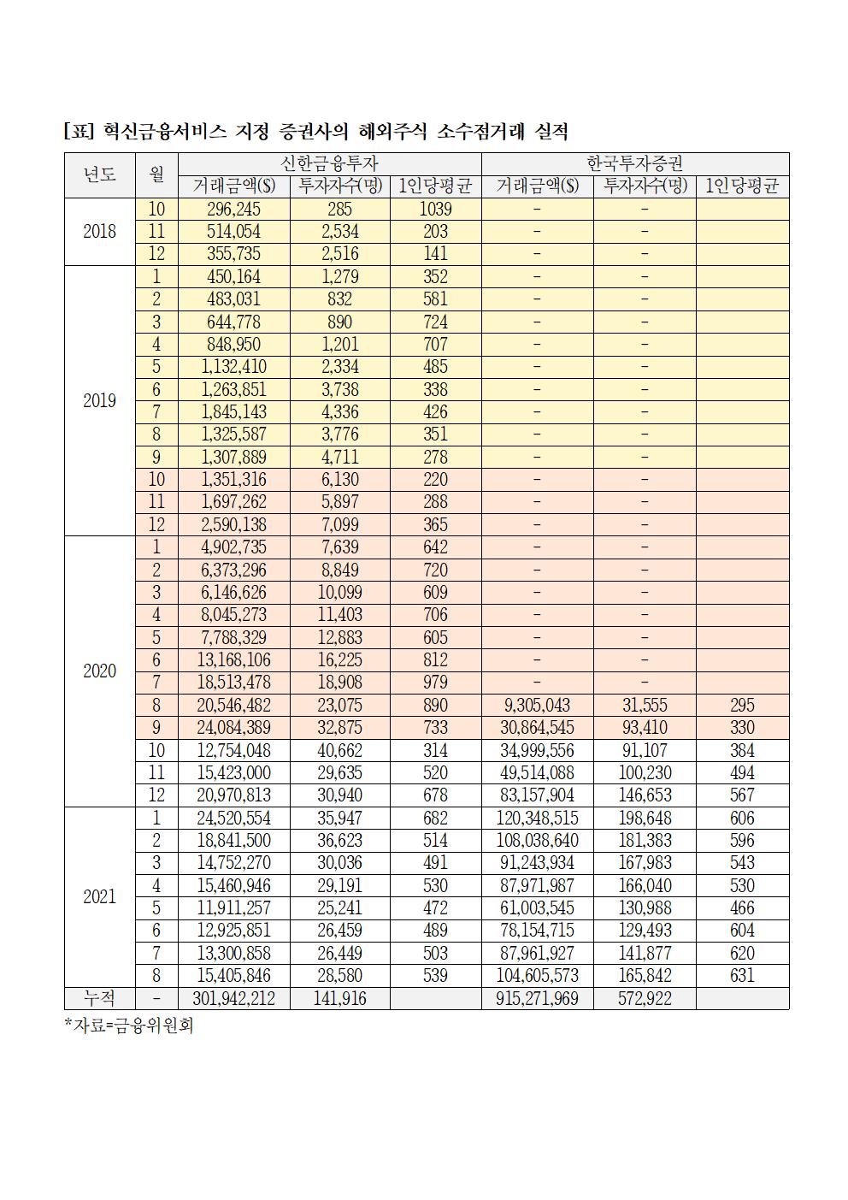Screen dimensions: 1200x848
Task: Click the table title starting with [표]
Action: coord(315,132)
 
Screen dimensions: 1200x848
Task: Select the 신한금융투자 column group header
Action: coord(329,163)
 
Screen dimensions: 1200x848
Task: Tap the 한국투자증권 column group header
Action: coord(634,163)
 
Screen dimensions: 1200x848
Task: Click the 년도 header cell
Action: coord(99,174)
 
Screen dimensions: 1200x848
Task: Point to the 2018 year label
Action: coord(99,232)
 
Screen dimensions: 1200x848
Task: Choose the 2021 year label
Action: coord(99,897)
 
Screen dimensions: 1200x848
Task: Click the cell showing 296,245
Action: coord(233,210)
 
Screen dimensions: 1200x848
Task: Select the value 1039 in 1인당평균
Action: coord(435,210)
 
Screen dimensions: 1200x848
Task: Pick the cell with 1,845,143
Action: coord(233,412)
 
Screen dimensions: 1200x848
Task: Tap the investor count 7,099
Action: coord(339,525)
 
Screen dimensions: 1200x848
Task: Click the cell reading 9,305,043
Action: coord(537,706)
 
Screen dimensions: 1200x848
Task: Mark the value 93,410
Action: coord(644,728)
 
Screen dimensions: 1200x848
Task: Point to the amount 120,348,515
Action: coord(537,819)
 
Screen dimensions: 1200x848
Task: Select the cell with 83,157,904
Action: coord(537,795)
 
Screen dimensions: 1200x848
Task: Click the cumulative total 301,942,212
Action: coord(233,998)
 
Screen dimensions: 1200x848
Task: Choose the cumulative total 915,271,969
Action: coord(537,998)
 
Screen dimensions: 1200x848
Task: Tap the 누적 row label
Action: coord(99,998)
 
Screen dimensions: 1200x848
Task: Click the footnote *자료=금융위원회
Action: coord(129,1025)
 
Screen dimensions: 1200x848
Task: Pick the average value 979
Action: coord(435,683)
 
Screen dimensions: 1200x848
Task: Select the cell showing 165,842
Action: coord(644,976)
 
